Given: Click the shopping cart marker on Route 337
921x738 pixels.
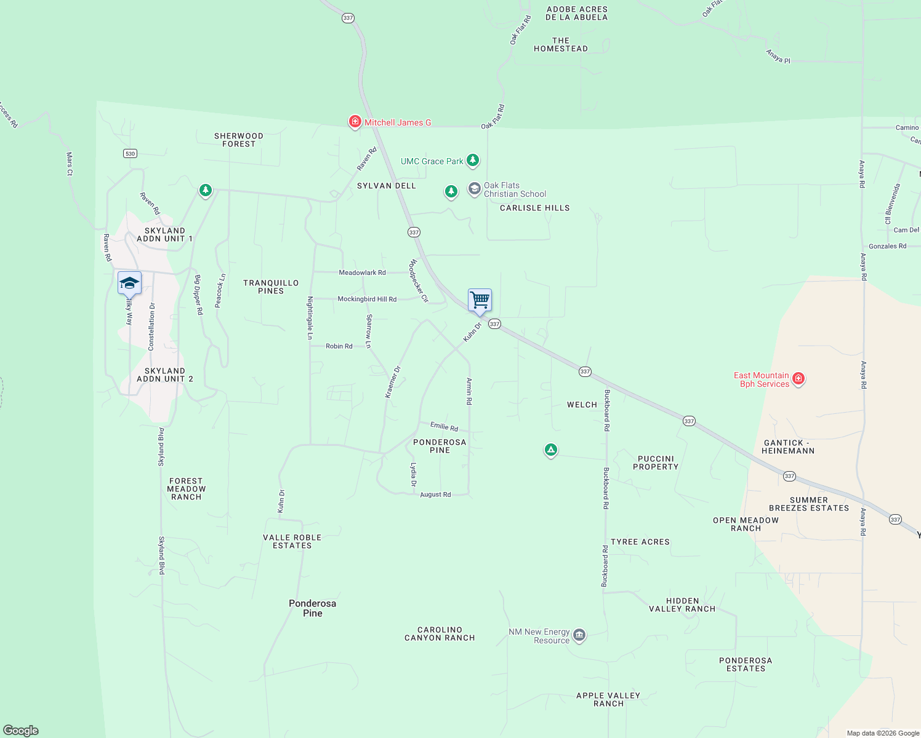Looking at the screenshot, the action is point(480,300).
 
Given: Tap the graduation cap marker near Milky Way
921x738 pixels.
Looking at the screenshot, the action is point(129,284).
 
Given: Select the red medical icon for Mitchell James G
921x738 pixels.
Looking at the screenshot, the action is point(355,122).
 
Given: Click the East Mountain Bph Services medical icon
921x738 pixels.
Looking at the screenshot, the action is point(798,378).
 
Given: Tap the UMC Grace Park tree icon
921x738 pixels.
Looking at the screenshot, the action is point(473,161).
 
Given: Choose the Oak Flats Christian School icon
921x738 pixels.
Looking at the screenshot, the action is point(474,189).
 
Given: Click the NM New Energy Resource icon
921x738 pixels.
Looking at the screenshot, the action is point(579,635).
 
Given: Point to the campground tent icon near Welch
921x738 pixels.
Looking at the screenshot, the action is point(551,450).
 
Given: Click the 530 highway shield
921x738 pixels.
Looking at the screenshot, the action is point(130,153).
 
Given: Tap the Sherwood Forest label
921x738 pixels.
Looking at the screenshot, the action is point(239,140).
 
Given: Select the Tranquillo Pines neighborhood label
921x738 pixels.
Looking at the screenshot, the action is point(271,287).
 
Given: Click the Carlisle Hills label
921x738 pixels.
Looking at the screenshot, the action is point(534,208).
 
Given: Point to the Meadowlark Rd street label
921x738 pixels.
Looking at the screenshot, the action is point(362,272).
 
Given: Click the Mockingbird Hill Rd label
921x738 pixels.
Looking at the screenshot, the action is point(367,299).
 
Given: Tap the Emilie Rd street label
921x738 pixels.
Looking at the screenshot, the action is point(444,426).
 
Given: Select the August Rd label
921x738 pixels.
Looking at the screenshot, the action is point(435,494).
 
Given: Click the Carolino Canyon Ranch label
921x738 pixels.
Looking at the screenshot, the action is point(440,633).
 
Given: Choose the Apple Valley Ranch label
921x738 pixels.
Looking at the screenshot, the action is point(608,699).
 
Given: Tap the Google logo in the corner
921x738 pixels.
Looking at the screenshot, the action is point(21,730).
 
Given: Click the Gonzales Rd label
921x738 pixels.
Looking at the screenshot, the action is point(887,246).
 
